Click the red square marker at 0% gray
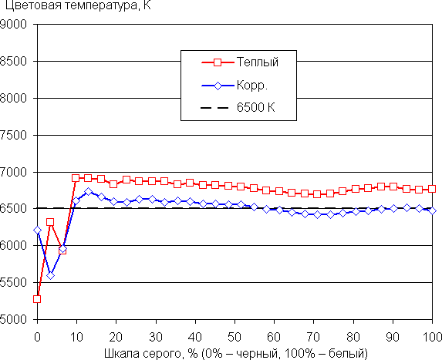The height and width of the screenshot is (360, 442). point(37,299)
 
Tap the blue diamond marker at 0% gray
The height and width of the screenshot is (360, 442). point(37,230)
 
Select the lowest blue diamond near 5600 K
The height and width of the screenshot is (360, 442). point(50,275)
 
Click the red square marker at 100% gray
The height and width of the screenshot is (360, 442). point(432,189)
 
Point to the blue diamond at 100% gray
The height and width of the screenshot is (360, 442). point(432,210)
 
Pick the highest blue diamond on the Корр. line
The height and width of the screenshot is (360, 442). point(88,191)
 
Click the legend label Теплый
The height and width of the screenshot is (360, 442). point(258,62)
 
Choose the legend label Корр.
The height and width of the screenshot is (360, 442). point(252,85)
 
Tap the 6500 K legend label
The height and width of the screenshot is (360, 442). point(255,107)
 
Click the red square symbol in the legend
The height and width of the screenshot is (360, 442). point(218,62)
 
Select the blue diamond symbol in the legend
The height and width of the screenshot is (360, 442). point(218,86)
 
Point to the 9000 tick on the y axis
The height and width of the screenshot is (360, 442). point(13,24)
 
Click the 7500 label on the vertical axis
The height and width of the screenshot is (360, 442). point(13,135)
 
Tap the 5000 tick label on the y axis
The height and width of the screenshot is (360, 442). point(13,319)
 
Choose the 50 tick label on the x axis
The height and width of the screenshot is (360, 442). point(234,337)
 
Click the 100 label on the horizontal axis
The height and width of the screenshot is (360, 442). point(433,337)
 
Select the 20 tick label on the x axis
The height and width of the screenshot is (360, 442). point(116,337)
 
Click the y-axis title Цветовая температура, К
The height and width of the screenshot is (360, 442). point(78,5)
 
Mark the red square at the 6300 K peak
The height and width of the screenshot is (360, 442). point(50,222)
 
